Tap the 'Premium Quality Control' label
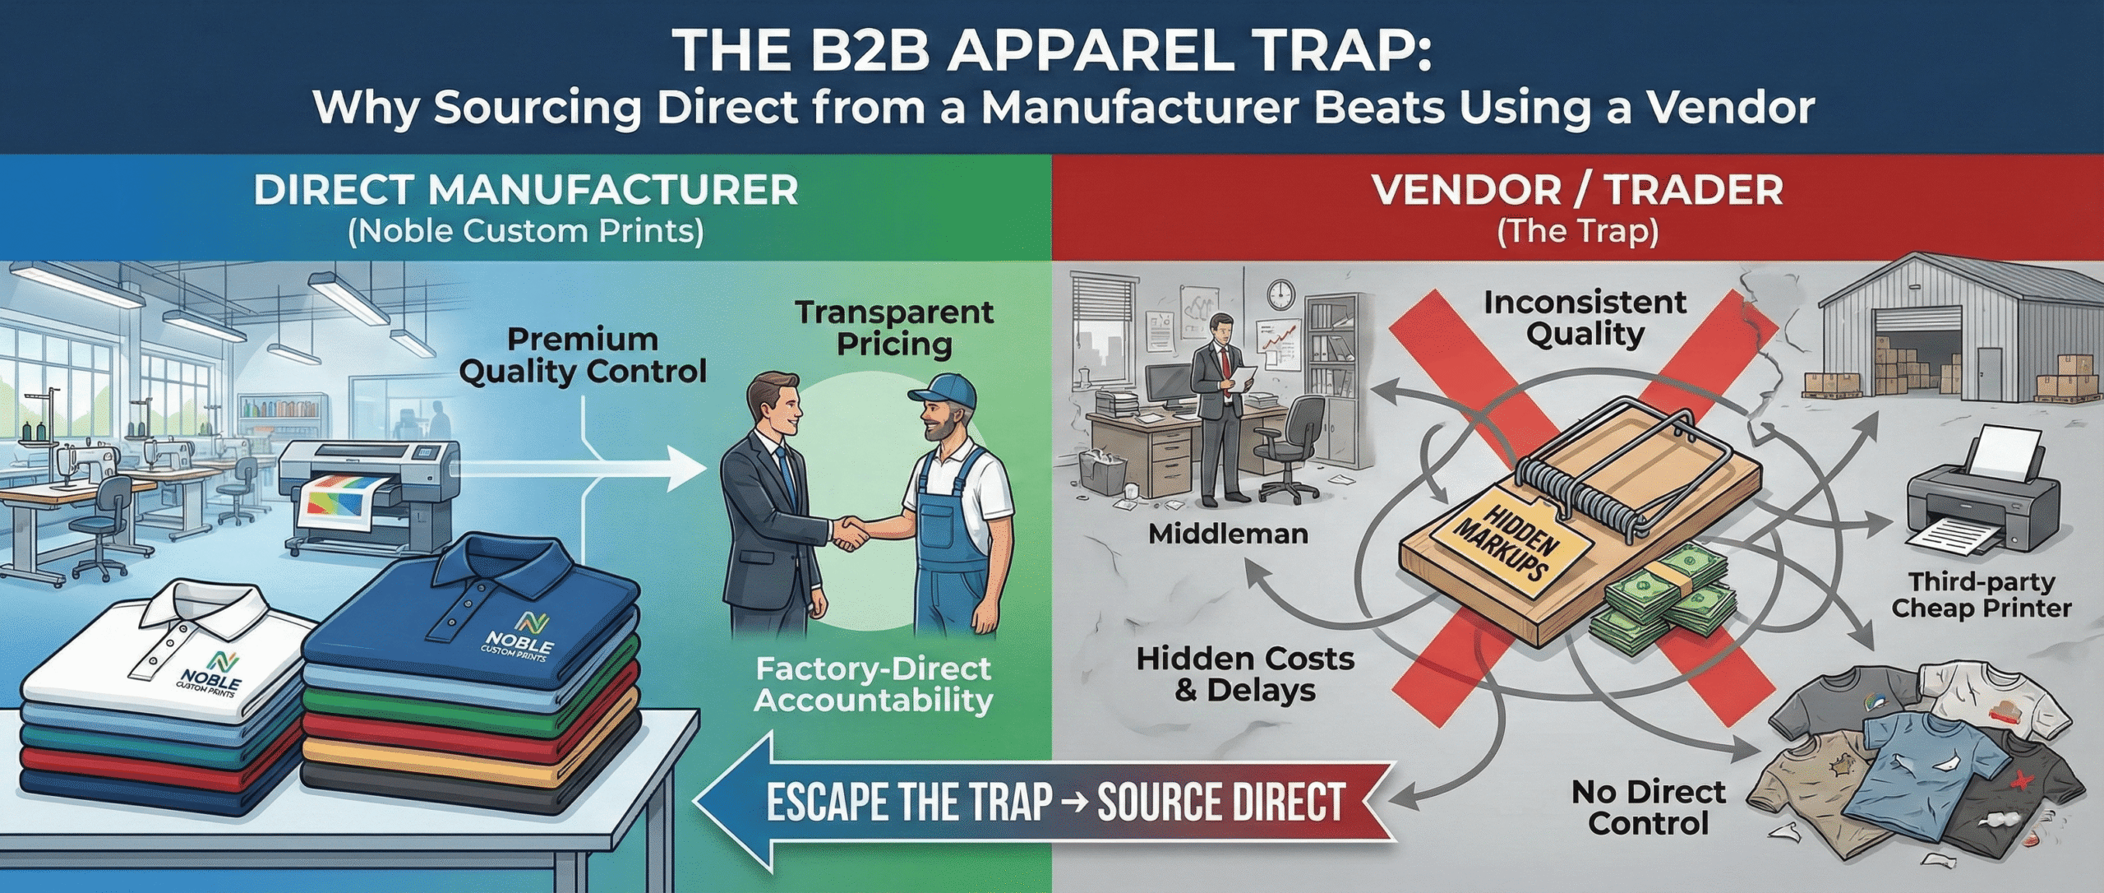(x=583, y=355)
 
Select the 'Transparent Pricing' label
(x=894, y=328)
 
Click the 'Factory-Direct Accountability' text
(x=873, y=684)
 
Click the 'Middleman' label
(x=1228, y=534)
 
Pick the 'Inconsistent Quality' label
(x=1585, y=318)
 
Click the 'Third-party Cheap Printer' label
(x=1982, y=595)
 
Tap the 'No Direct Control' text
(x=1648, y=807)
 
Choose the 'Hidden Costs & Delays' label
(x=1245, y=674)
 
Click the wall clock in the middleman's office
(x=1280, y=292)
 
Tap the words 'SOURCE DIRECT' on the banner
(x=1221, y=803)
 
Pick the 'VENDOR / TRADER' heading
(x=1577, y=190)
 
